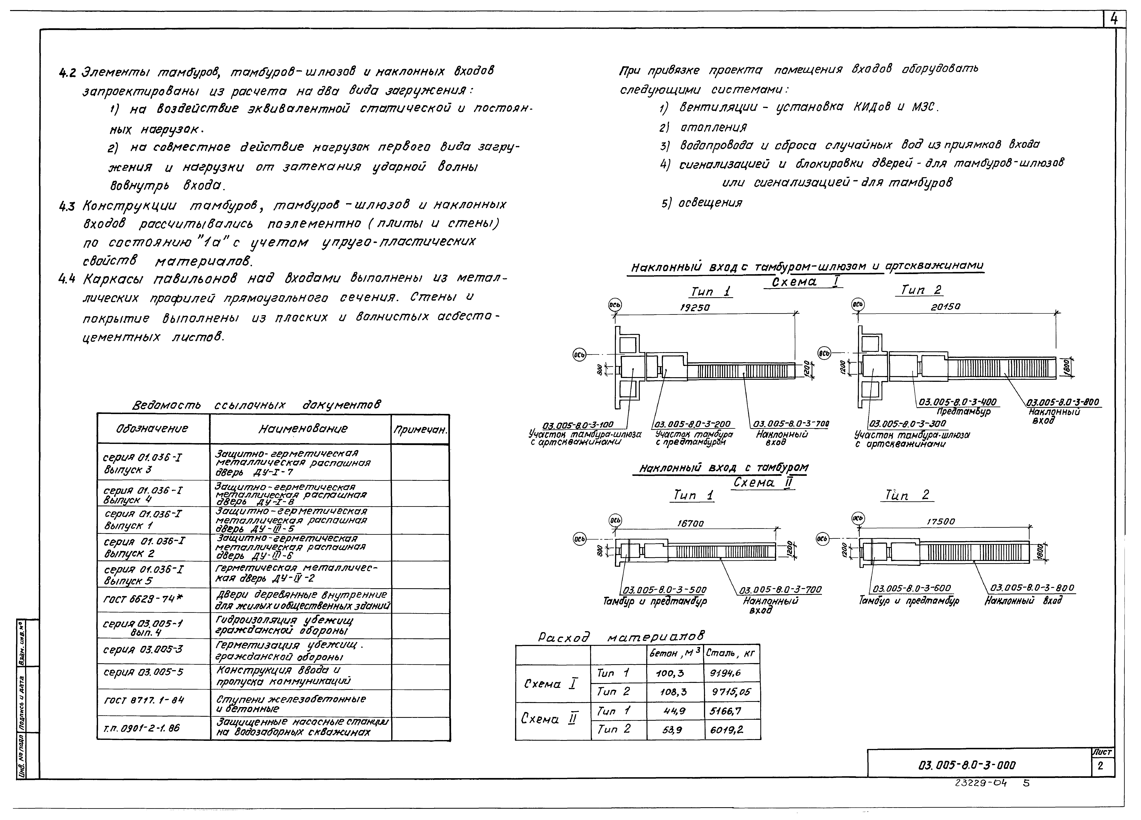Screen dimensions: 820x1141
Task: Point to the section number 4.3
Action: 67,206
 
